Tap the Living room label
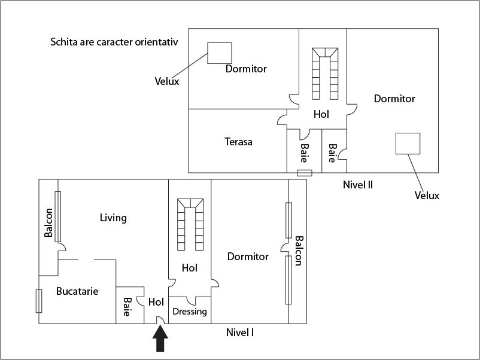coord(113,218)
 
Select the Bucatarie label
coord(77,291)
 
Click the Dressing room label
coord(190,312)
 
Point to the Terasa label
coord(238,142)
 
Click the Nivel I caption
coord(240,332)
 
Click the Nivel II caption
coord(358,184)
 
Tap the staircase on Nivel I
coord(190,224)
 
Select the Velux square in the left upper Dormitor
coord(220,53)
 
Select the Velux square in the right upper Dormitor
coord(408,144)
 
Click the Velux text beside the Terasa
coord(167,81)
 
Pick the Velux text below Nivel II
coord(427,196)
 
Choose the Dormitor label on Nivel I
coord(248,257)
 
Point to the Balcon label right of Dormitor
coord(298,251)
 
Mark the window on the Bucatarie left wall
coord(39,301)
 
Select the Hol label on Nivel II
coord(321,114)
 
